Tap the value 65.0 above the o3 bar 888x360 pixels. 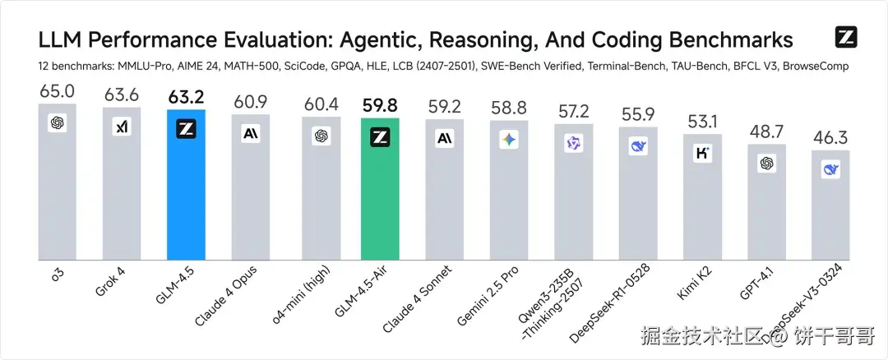[x=57, y=91]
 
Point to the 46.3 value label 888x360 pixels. [x=830, y=137]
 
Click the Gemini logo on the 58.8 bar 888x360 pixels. [x=509, y=141]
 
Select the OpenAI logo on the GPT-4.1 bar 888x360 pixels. [x=767, y=164]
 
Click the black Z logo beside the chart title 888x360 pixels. [x=846, y=37]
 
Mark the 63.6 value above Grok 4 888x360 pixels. [x=122, y=96]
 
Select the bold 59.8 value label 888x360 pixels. [x=380, y=106]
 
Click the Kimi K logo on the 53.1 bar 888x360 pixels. [x=702, y=153]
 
